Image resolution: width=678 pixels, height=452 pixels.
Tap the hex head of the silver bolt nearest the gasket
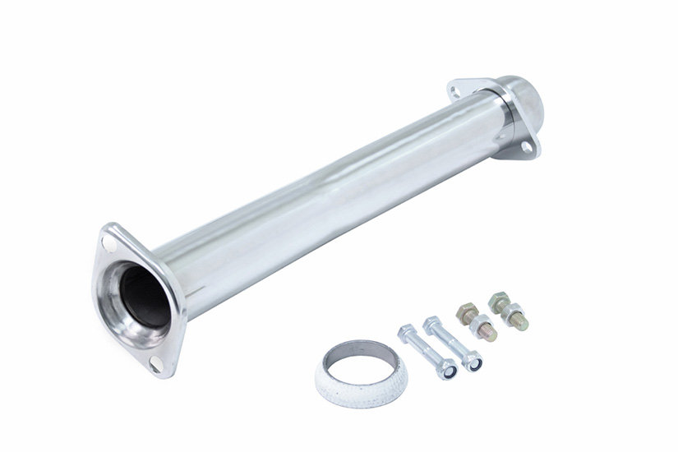pyautogui.click(x=407, y=333)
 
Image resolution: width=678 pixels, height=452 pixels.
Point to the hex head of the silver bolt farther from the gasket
pyautogui.click(x=432, y=324)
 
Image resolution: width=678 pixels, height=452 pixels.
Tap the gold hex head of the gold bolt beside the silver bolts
pyautogui.click(x=468, y=312)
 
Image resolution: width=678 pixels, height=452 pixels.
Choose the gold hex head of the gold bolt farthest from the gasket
pyautogui.click(x=498, y=302)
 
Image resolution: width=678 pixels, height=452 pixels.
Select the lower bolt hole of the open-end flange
pyautogui.click(x=155, y=363)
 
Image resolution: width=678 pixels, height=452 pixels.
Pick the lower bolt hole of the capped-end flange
pyautogui.click(x=524, y=147)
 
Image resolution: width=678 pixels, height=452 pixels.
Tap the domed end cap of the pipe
pyautogui.click(x=528, y=103)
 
